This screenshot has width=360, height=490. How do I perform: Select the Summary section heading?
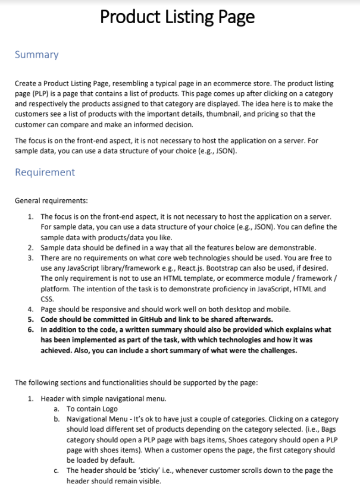click(x=36, y=55)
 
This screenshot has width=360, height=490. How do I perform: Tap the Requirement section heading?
click(x=45, y=172)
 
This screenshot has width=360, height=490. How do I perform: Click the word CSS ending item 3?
click(x=47, y=299)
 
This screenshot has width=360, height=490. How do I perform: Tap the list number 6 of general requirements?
click(x=30, y=329)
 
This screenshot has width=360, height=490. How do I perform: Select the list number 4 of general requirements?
click(x=30, y=309)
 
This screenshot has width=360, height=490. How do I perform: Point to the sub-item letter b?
click(x=57, y=419)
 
